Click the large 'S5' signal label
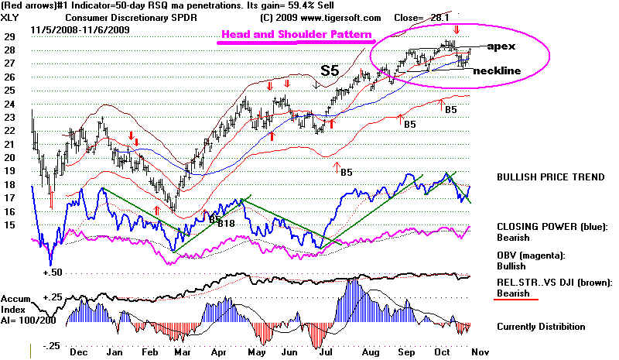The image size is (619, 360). tap(329, 70)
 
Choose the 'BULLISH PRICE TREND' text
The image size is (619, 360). tap(550, 177)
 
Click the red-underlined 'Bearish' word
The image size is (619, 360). tap(513, 293)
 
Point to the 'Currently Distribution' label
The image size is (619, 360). tap(541, 327)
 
